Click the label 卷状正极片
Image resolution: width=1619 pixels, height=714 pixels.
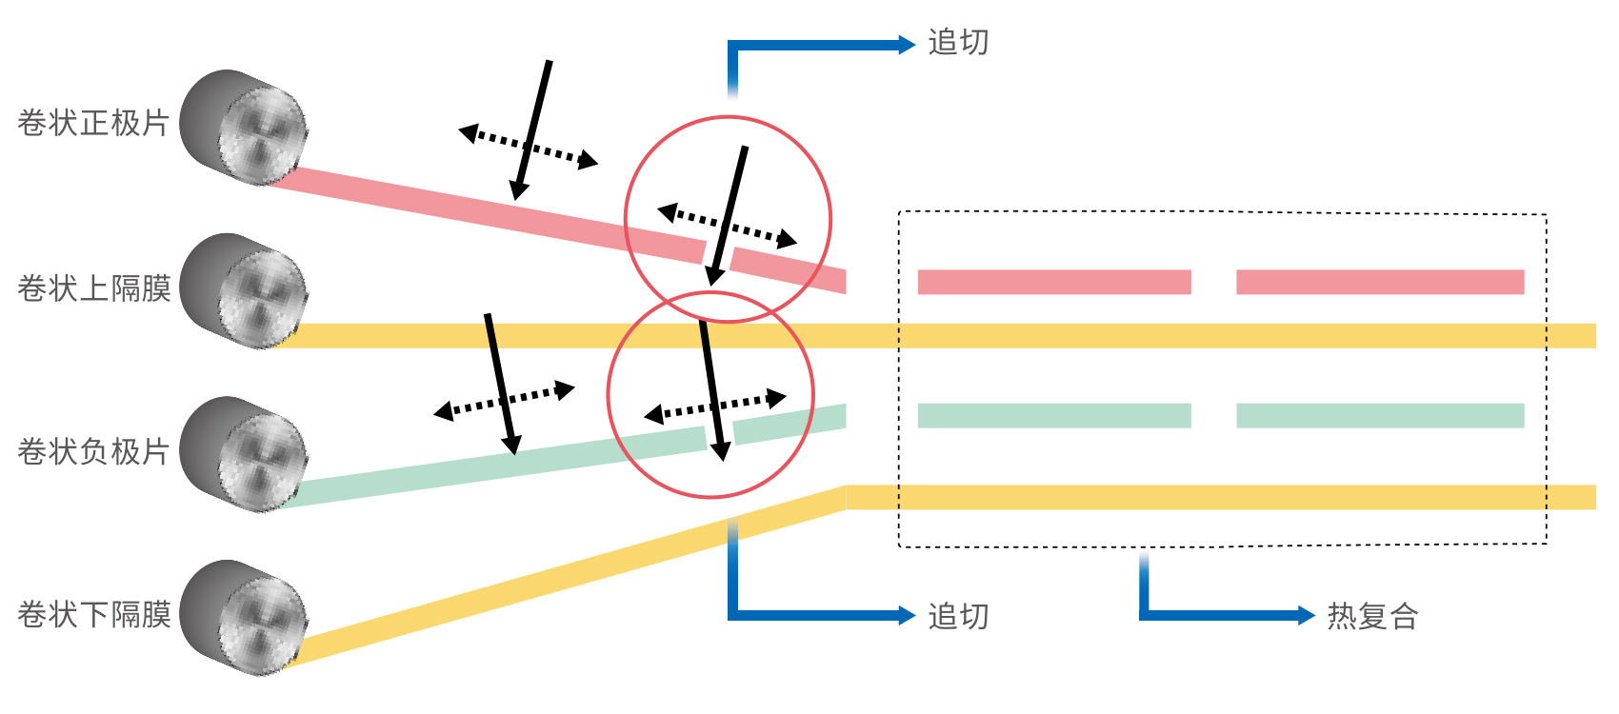93,124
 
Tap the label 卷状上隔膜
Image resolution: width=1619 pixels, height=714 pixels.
93,288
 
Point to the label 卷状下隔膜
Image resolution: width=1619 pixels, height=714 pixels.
93,615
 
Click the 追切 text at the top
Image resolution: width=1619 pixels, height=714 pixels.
958,44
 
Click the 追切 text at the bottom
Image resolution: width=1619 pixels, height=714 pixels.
958,617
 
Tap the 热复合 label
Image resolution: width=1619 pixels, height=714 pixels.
1372,617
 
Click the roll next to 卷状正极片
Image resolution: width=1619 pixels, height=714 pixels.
245,127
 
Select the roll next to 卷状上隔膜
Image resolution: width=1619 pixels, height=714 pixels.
245,290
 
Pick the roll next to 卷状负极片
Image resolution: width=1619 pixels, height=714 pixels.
245,454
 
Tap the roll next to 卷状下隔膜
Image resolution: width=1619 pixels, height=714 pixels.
245,618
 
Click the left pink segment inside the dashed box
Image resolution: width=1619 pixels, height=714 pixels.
1054,282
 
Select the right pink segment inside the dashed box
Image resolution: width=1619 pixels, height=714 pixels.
1380,282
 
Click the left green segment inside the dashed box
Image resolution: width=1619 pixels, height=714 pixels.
1054,416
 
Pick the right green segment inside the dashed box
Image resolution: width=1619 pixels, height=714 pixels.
1380,416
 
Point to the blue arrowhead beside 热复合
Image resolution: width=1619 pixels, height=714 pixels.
1307,616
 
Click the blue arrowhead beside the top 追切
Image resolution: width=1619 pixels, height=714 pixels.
907,45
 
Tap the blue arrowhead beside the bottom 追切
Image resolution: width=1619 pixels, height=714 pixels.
907,616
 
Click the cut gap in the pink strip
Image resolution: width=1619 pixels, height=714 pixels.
717,255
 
